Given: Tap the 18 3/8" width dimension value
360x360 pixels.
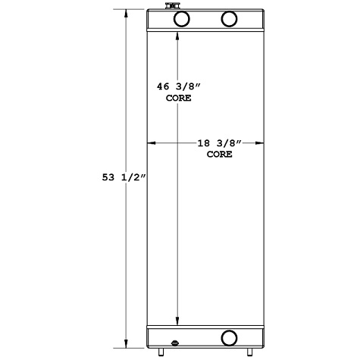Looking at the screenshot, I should point(219,143).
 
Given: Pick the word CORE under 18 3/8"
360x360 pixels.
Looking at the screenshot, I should point(219,154).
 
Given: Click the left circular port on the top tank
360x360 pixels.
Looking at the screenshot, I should point(181,19).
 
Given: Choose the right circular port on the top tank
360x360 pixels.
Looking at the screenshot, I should point(229,19).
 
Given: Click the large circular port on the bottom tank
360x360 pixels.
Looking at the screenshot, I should point(228,337).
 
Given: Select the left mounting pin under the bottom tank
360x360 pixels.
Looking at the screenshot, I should point(161,351).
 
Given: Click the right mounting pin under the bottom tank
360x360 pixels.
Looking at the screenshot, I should point(249,351).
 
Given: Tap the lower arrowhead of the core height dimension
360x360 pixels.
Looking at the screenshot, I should point(177,321).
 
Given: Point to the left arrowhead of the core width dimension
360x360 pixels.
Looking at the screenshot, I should point(150,142).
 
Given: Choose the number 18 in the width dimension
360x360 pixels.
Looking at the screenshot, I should point(204,143).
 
